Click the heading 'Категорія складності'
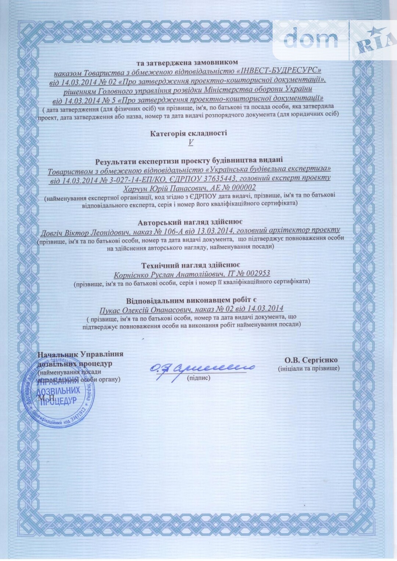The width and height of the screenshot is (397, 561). tap(189, 133)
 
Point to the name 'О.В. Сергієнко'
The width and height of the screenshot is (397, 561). tap(311, 360)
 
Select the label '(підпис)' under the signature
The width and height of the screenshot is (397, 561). tap(198, 378)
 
